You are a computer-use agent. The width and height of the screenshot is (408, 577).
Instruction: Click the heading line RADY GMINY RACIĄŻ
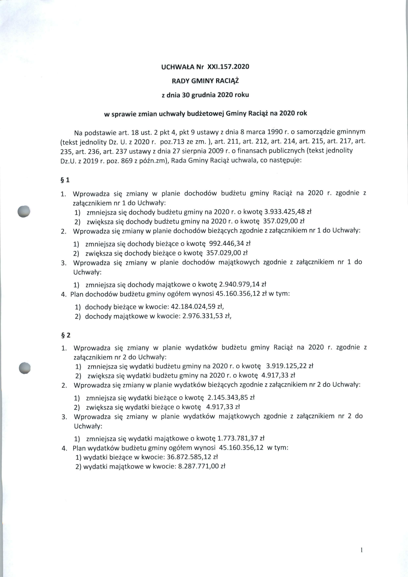205,81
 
